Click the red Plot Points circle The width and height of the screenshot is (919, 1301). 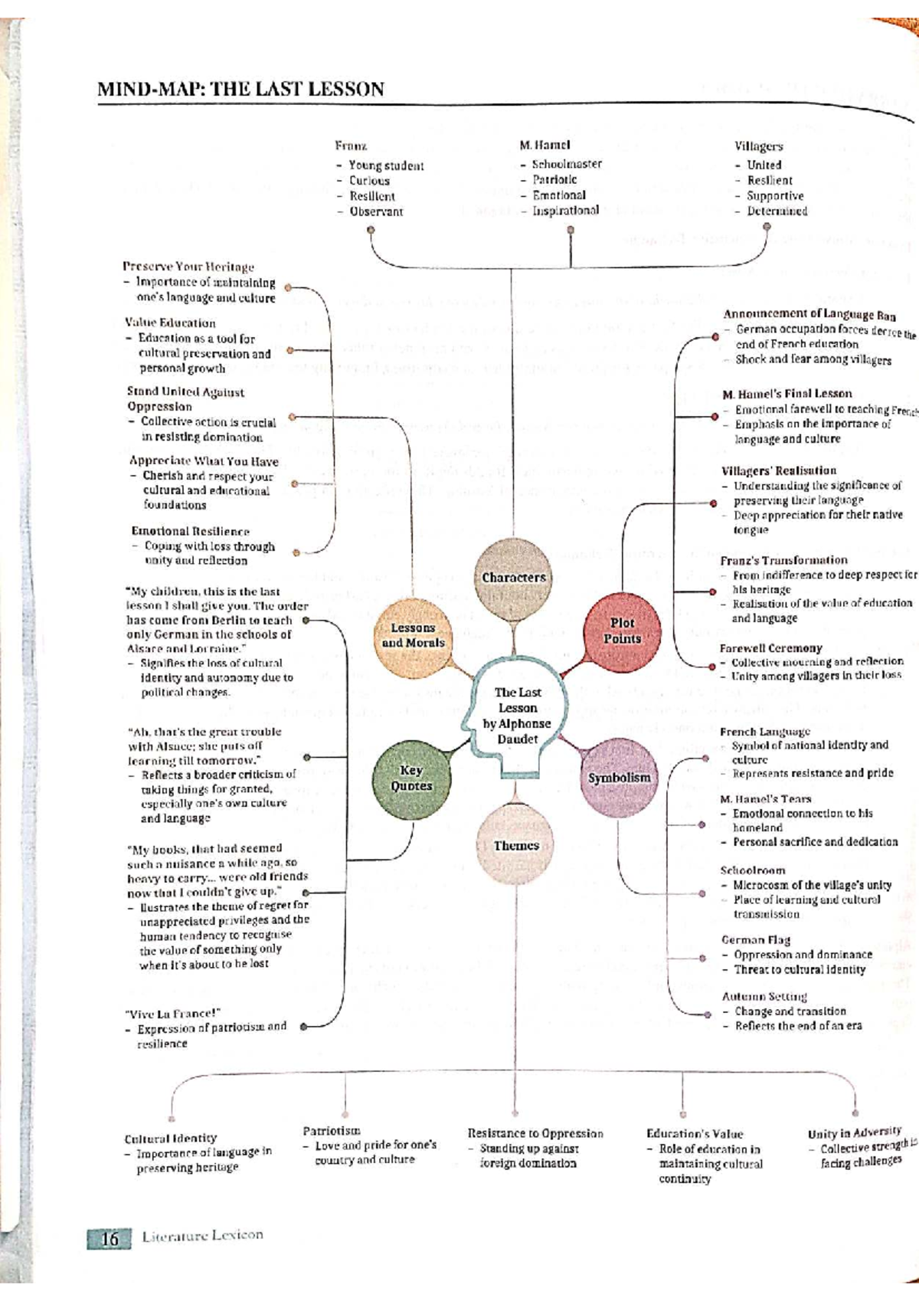(621, 631)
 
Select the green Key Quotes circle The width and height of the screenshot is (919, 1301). (411, 778)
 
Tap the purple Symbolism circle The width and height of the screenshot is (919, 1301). (619, 778)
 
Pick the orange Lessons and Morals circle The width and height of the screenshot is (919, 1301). (413, 636)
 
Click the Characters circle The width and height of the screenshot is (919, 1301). (513, 577)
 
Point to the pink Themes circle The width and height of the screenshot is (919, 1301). (515, 846)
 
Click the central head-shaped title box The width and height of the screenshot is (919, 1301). (517, 716)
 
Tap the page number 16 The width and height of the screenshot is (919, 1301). (110, 1238)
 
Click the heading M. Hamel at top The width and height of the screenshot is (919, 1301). (545, 145)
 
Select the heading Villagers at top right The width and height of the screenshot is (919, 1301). (758, 146)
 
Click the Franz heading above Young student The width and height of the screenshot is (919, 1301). (351, 146)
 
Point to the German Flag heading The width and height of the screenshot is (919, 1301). (755, 939)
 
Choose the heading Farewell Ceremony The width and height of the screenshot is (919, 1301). (770, 648)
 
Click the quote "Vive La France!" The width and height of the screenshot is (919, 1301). (172, 1014)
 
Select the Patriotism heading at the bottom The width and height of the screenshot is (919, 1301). (332, 1131)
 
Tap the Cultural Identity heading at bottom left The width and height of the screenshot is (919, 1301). (171, 1139)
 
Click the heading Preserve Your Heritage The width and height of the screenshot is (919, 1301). (188, 267)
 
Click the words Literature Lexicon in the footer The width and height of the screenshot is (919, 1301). (202, 1235)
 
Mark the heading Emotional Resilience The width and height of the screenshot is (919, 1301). (190, 531)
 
